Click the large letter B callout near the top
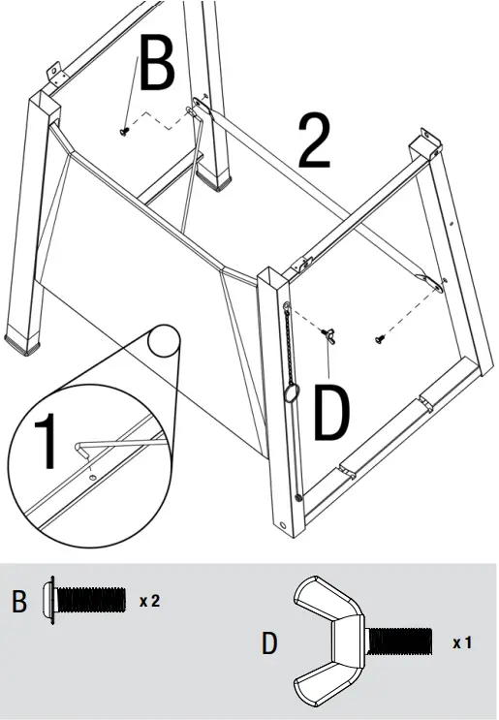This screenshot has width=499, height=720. pyautogui.click(x=156, y=65)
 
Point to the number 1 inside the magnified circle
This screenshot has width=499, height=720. pyautogui.click(x=46, y=442)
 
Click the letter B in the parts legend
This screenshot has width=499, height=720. pyautogui.click(x=19, y=602)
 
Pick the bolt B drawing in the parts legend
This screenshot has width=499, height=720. pyautogui.click(x=86, y=600)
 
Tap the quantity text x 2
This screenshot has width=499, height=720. pyautogui.click(x=148, y=601)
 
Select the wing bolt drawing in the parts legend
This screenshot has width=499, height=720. pyautogui.click(x=361, y=642)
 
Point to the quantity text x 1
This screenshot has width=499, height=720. pyautogui.click(x=462, y=642)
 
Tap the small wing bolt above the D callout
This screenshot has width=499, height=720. pyautogui.click(x=327, y=334)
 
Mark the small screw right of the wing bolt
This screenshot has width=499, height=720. pyautogui.click(x=380, y=339)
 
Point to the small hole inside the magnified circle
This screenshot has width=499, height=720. pyautogui.click(x=90, y=476)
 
